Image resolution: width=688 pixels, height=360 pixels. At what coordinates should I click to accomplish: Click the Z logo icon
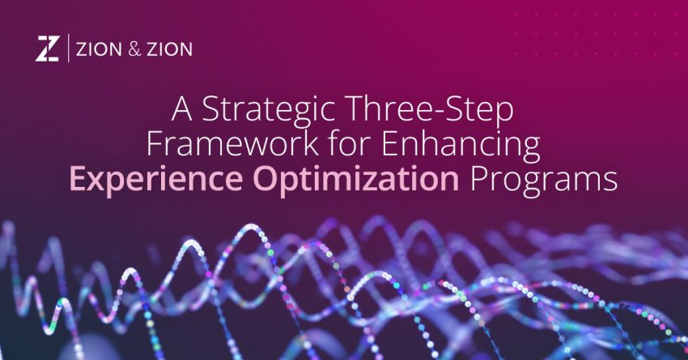pos(47,49)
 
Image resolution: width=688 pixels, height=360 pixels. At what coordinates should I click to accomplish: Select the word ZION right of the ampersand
pos(168,49)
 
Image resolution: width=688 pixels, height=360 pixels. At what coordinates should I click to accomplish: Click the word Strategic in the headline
pos(274,111)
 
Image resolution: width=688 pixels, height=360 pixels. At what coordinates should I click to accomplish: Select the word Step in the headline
pos(480,111)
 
